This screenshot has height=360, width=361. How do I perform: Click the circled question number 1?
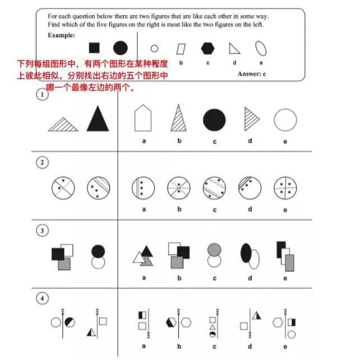coord(41,95)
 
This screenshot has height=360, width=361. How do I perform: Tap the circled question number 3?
coord(41,229)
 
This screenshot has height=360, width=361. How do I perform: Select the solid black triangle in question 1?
coord(98,119)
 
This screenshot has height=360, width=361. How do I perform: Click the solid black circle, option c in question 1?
coord(214,120)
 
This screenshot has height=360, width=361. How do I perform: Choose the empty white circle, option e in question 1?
coord(285,120)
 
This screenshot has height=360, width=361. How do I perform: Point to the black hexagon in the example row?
coord(207,48)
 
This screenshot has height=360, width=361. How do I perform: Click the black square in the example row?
coord(95,48)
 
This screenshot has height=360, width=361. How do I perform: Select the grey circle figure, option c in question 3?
coord(214,255)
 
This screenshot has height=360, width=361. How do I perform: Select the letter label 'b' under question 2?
coord(179,210)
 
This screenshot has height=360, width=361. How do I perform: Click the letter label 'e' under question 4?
coord(285,345)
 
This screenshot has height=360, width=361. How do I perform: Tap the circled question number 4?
coord(41,299)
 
